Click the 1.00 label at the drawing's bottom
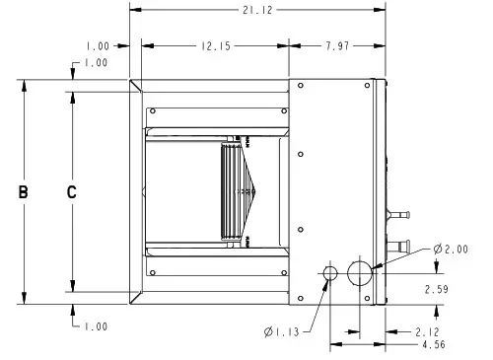click(x=97, y=326)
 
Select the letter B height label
click(x=23, y=193)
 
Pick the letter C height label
click(x=71, y=193)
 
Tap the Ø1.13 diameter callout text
click(x=283, y=330)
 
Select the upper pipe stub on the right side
click(x=400, y=212)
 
